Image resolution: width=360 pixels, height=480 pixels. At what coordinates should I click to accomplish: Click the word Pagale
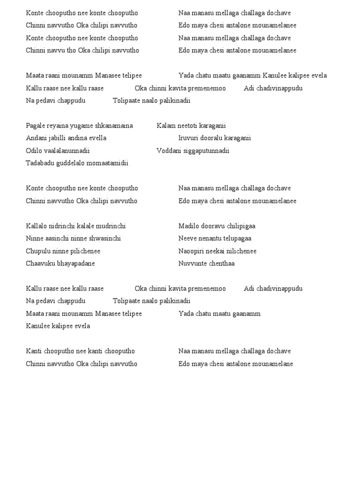36,126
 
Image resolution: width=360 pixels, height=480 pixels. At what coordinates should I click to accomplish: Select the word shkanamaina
116,126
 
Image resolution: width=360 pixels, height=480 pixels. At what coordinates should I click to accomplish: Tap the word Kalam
165,126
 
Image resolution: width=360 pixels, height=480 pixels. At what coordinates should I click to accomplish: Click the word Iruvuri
188,138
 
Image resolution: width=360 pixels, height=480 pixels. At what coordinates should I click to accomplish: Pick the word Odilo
34,151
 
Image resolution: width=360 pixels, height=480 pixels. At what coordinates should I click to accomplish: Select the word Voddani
168,151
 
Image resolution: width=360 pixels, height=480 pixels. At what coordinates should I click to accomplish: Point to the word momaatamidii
108,163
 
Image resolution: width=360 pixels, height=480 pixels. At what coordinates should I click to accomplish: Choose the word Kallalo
37,226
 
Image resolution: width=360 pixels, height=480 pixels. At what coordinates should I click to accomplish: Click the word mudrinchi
111,226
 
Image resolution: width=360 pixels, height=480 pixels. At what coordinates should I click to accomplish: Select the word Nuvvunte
191,263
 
